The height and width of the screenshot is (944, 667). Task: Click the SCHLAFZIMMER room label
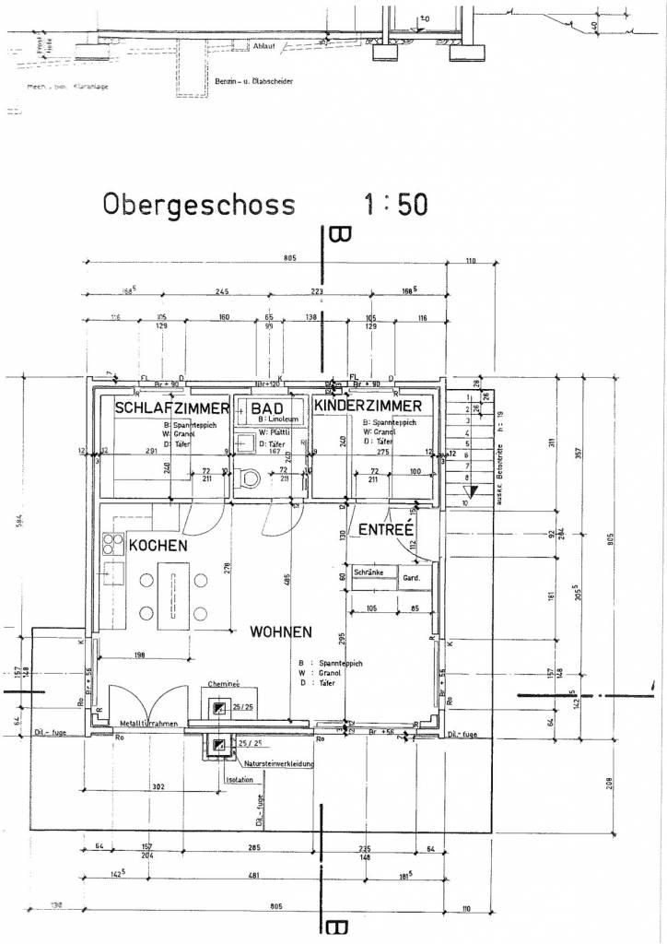coord(171,407)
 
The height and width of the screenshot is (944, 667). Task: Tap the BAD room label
coord(267,407)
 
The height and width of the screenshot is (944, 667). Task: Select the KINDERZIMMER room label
coord(368,406)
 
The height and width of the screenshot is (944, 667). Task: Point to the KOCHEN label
coord(158,546)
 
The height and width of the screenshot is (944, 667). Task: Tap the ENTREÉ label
coord(385,530)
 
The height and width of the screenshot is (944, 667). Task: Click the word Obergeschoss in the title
coord(199,204)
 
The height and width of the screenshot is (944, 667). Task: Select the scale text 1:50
coord(394,204)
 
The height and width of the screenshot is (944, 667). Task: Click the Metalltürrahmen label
coord(146,724)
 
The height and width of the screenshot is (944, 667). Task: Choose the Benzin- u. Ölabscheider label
coord(254,82)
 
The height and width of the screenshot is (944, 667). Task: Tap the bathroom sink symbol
coord(245,442)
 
